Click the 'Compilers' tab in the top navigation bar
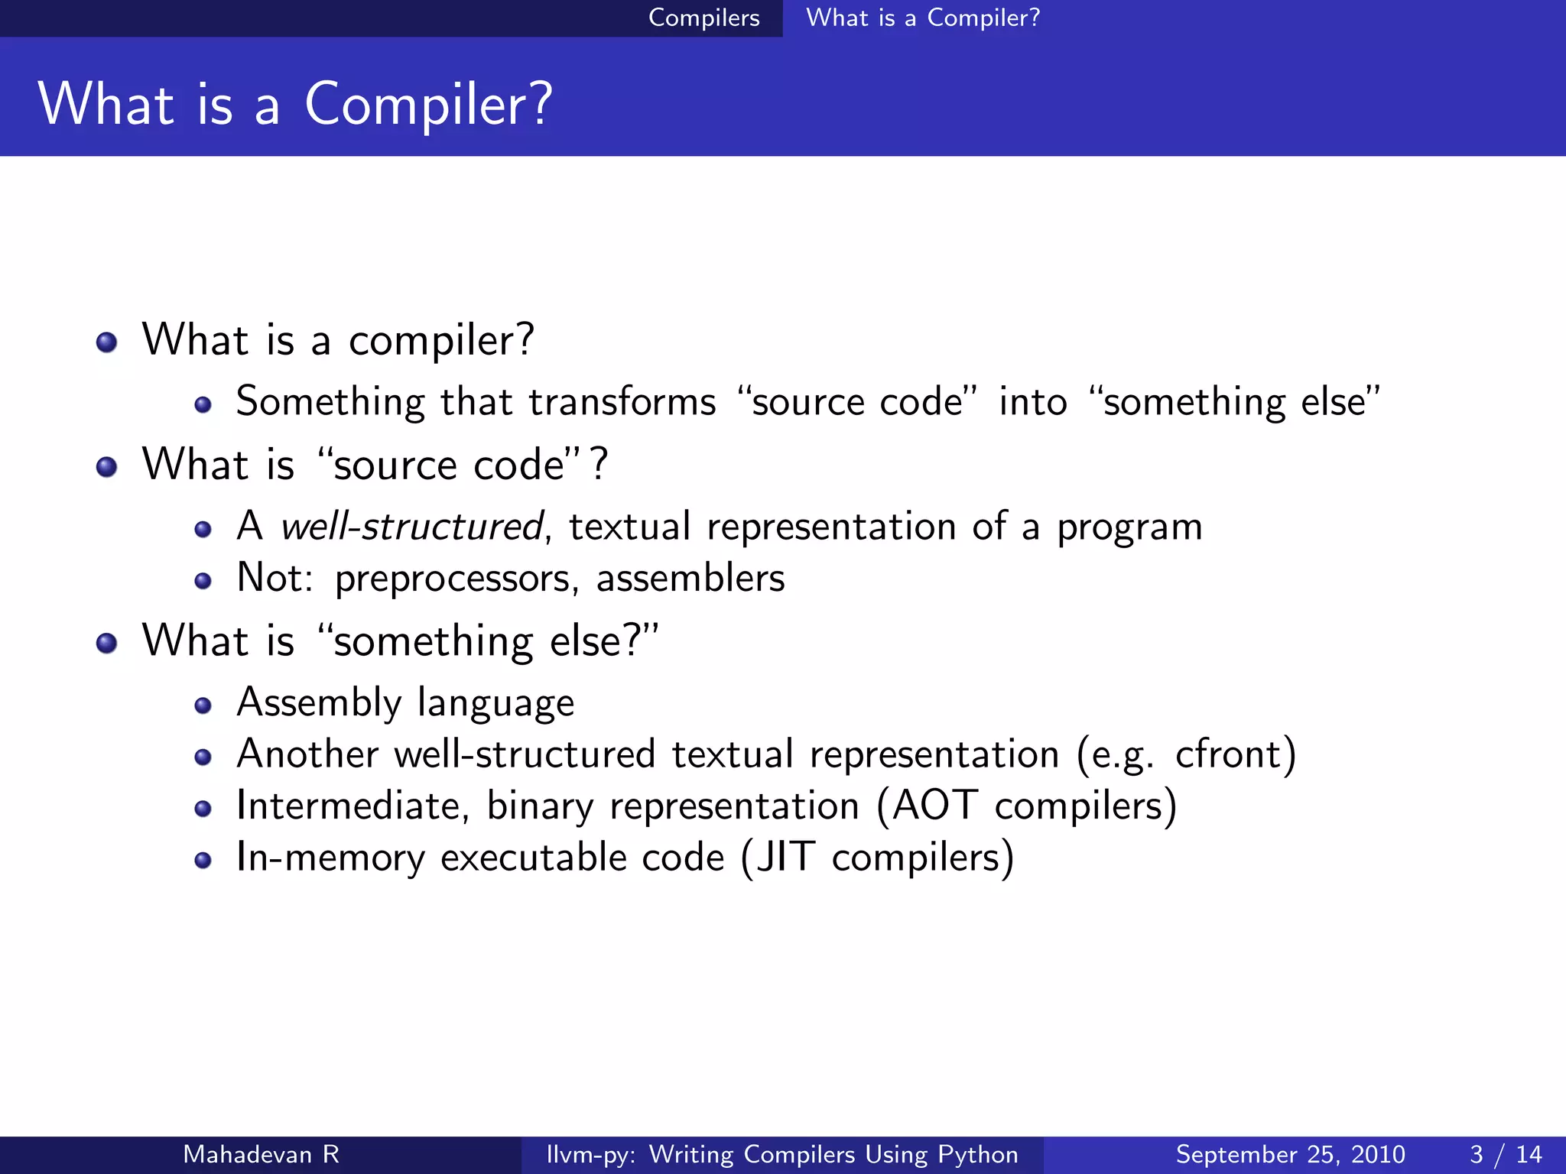[703, 18]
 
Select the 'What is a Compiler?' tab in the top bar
[923, 18]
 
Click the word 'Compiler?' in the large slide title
[428, 105]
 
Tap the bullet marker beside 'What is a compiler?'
[107, 342]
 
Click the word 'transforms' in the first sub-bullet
[622, 402]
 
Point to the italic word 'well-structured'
[411, 527]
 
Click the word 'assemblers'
[690, 579]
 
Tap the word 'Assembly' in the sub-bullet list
[319, 703]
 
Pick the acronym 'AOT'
[935, 806]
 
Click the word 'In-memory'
[330, 857]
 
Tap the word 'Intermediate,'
[353, 806]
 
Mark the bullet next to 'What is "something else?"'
[107, 643]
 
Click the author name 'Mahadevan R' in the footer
[261, 1154]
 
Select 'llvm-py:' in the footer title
[590, 1154]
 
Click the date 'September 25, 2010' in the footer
[1290, 1154]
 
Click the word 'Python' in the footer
[978, 1154]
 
